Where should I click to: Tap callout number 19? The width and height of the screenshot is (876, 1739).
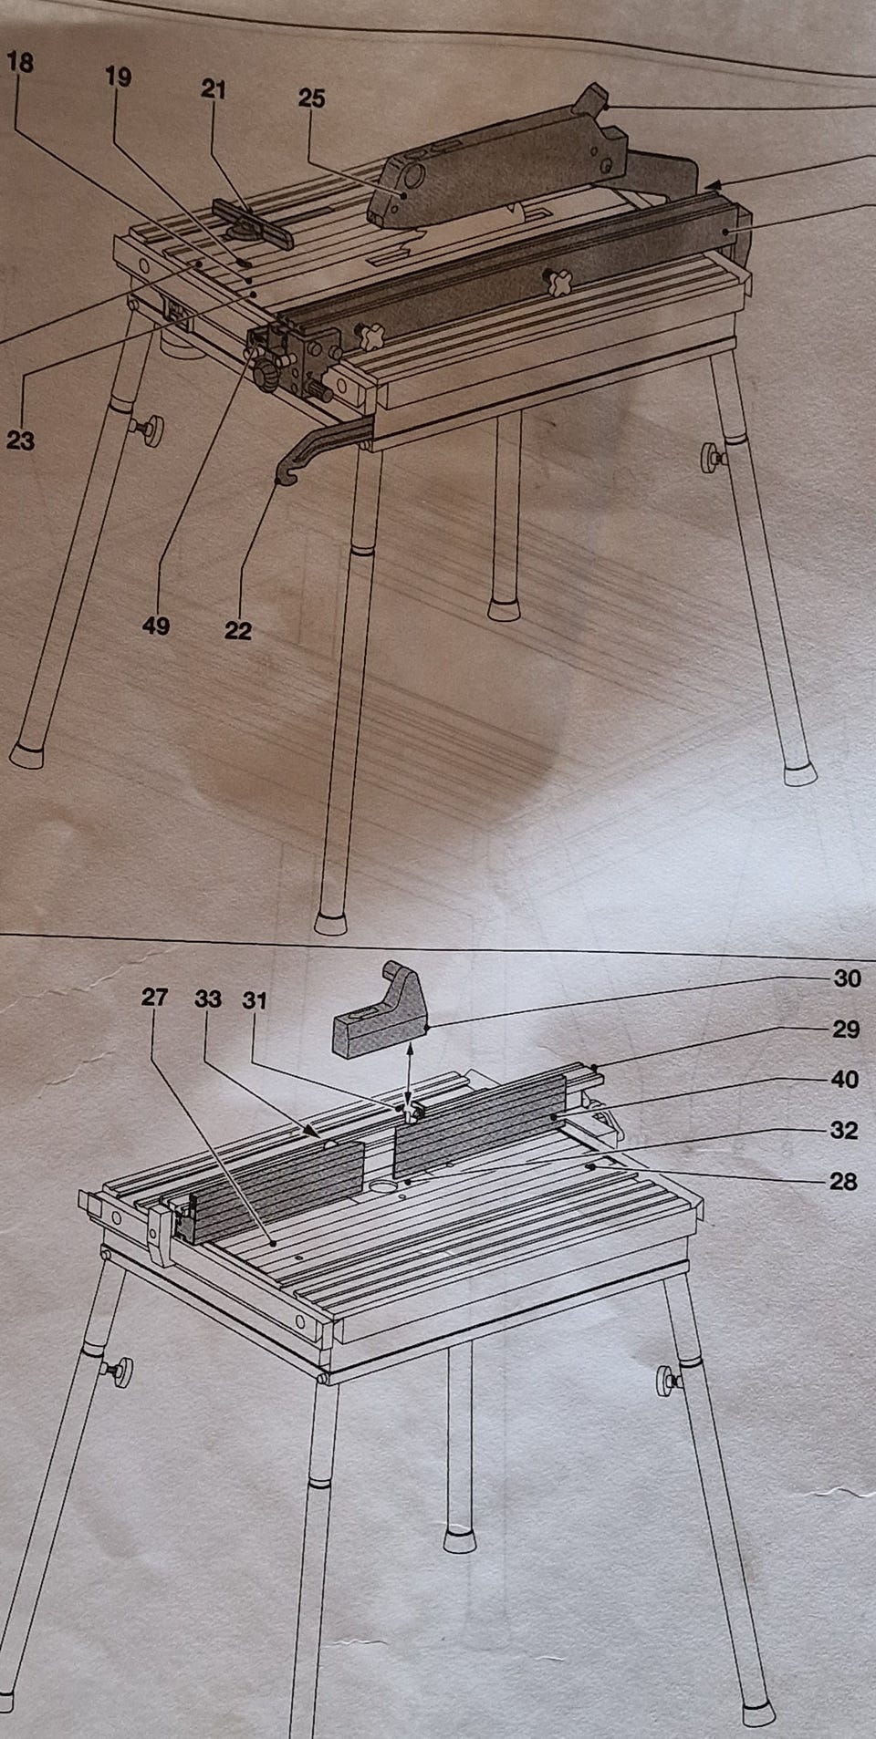click(x=118, y=77)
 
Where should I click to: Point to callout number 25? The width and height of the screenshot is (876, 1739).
click(x=311, y=98)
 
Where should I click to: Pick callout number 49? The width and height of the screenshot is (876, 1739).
click(x=156, y=626)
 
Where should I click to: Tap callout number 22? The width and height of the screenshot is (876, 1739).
click(x=237, y=629)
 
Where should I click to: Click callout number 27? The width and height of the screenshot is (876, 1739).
click(x=155, y=998)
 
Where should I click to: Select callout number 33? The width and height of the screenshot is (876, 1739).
click(x=208, y=999)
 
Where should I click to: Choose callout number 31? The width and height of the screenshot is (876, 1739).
click(x=254, y=1000)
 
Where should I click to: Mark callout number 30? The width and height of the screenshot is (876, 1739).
click(x=847, y=978)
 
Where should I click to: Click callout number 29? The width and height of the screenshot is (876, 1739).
click(x=846, y=1029)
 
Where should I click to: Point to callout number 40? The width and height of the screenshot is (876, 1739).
click(x=845, y=1079)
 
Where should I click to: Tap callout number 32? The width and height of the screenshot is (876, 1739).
click(x=845, y=1130)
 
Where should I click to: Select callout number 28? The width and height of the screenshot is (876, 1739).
click(x=844, y=1181)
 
